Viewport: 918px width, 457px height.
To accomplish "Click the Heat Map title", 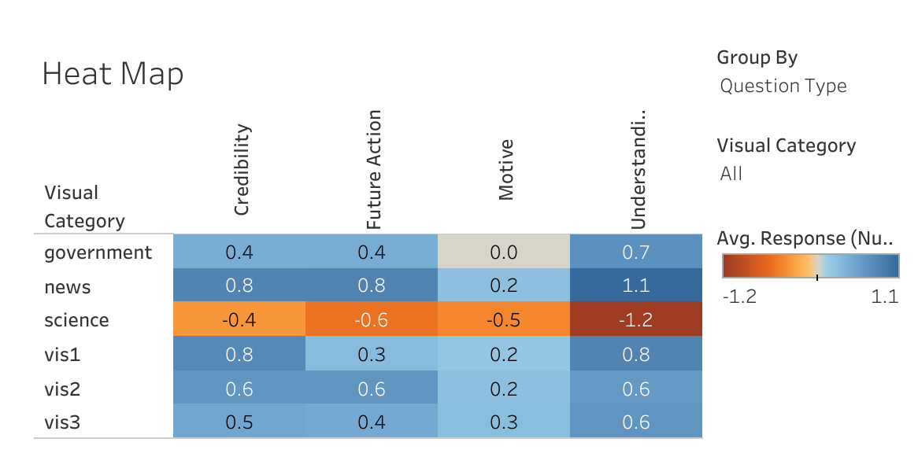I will [113, 75].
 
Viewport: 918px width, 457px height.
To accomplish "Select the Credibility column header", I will [242, 169].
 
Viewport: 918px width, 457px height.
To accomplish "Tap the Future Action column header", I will [374, 169].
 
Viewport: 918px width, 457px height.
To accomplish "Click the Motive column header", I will [506, 169].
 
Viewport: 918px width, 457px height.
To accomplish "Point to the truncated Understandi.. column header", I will [639, 169].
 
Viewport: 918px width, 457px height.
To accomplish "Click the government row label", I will [98, 252].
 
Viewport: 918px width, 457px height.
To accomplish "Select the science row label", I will [76, 320].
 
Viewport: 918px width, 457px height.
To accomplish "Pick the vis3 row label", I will [62, 422].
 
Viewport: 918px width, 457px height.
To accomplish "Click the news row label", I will [68, 287].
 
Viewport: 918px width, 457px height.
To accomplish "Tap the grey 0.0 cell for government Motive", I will [503, 252].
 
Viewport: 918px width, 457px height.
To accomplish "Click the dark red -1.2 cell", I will [635, 320].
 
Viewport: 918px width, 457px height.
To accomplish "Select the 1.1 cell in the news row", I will [635, 286].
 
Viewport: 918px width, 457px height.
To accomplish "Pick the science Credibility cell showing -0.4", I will [239, 320].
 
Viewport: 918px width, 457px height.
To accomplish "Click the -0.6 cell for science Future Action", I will [372, 320].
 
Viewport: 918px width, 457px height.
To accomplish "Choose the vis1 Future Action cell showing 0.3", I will [372, 354].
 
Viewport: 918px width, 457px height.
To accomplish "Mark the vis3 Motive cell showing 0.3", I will [503, 422].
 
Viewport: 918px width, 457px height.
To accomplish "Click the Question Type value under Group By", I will [783, 86].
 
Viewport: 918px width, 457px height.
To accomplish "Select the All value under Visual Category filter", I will [731, 174].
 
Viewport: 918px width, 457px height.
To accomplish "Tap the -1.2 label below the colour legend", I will [738, 297].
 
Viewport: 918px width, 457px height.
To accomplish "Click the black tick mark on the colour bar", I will [817, 276].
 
